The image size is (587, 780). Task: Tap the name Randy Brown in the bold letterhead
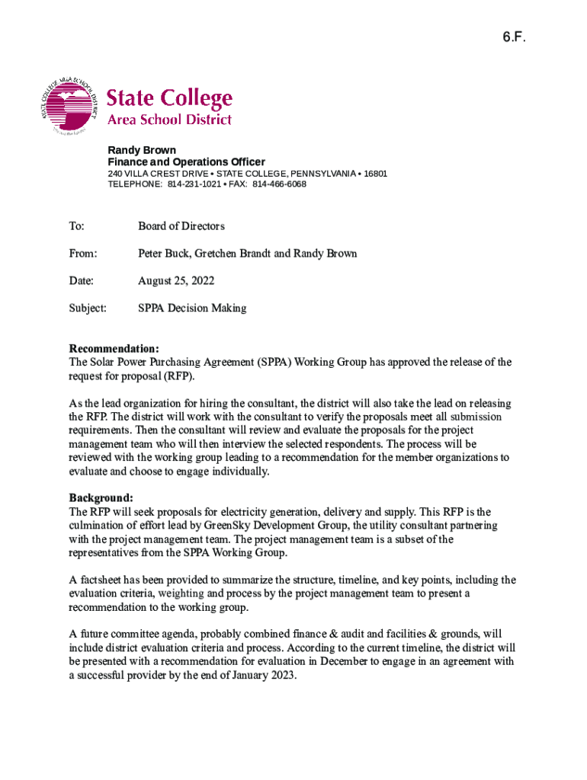[142, 150]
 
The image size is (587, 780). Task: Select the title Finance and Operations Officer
[186, 162]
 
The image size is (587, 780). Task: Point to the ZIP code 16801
[375, 174]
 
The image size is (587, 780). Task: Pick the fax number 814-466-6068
[279, 184]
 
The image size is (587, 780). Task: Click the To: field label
[77, 226]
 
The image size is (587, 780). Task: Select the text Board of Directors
[181, 226]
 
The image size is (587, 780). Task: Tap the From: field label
[83, 254]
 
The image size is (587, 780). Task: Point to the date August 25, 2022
[176, 281]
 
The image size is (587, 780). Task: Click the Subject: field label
[88, 308]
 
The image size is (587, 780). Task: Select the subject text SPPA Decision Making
[192, 308]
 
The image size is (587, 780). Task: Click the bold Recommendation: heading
[114, 349]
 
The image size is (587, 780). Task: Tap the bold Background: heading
[101, 498]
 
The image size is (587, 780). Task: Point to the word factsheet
[105, 580]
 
